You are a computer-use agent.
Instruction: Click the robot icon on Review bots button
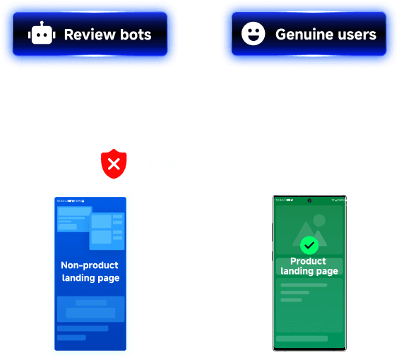pos(42,33)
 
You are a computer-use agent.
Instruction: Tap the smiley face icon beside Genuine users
pos(253,34)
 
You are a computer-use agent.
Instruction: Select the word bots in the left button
pos(136,35)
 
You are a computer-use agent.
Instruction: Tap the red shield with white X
pos(114,164)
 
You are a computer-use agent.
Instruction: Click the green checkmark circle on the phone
pos(309,245)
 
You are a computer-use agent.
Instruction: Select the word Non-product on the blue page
pos(90,265)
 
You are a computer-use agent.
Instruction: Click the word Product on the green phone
pos(308,261)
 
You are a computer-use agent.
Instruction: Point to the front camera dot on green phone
pos(309,200)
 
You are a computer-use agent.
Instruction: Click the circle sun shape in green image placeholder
pos(319,220)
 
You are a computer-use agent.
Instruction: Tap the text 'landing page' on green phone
pos(309,271)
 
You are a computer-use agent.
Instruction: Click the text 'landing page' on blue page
pos(90,278)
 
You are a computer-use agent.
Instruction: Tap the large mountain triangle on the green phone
pos(306,234)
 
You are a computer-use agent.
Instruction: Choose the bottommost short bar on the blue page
pos(71,337)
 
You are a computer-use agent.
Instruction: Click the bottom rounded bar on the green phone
pos(302,339)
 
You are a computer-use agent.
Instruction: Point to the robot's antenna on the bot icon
pos(42,23)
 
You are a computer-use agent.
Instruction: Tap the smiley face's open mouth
pos(253,38)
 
